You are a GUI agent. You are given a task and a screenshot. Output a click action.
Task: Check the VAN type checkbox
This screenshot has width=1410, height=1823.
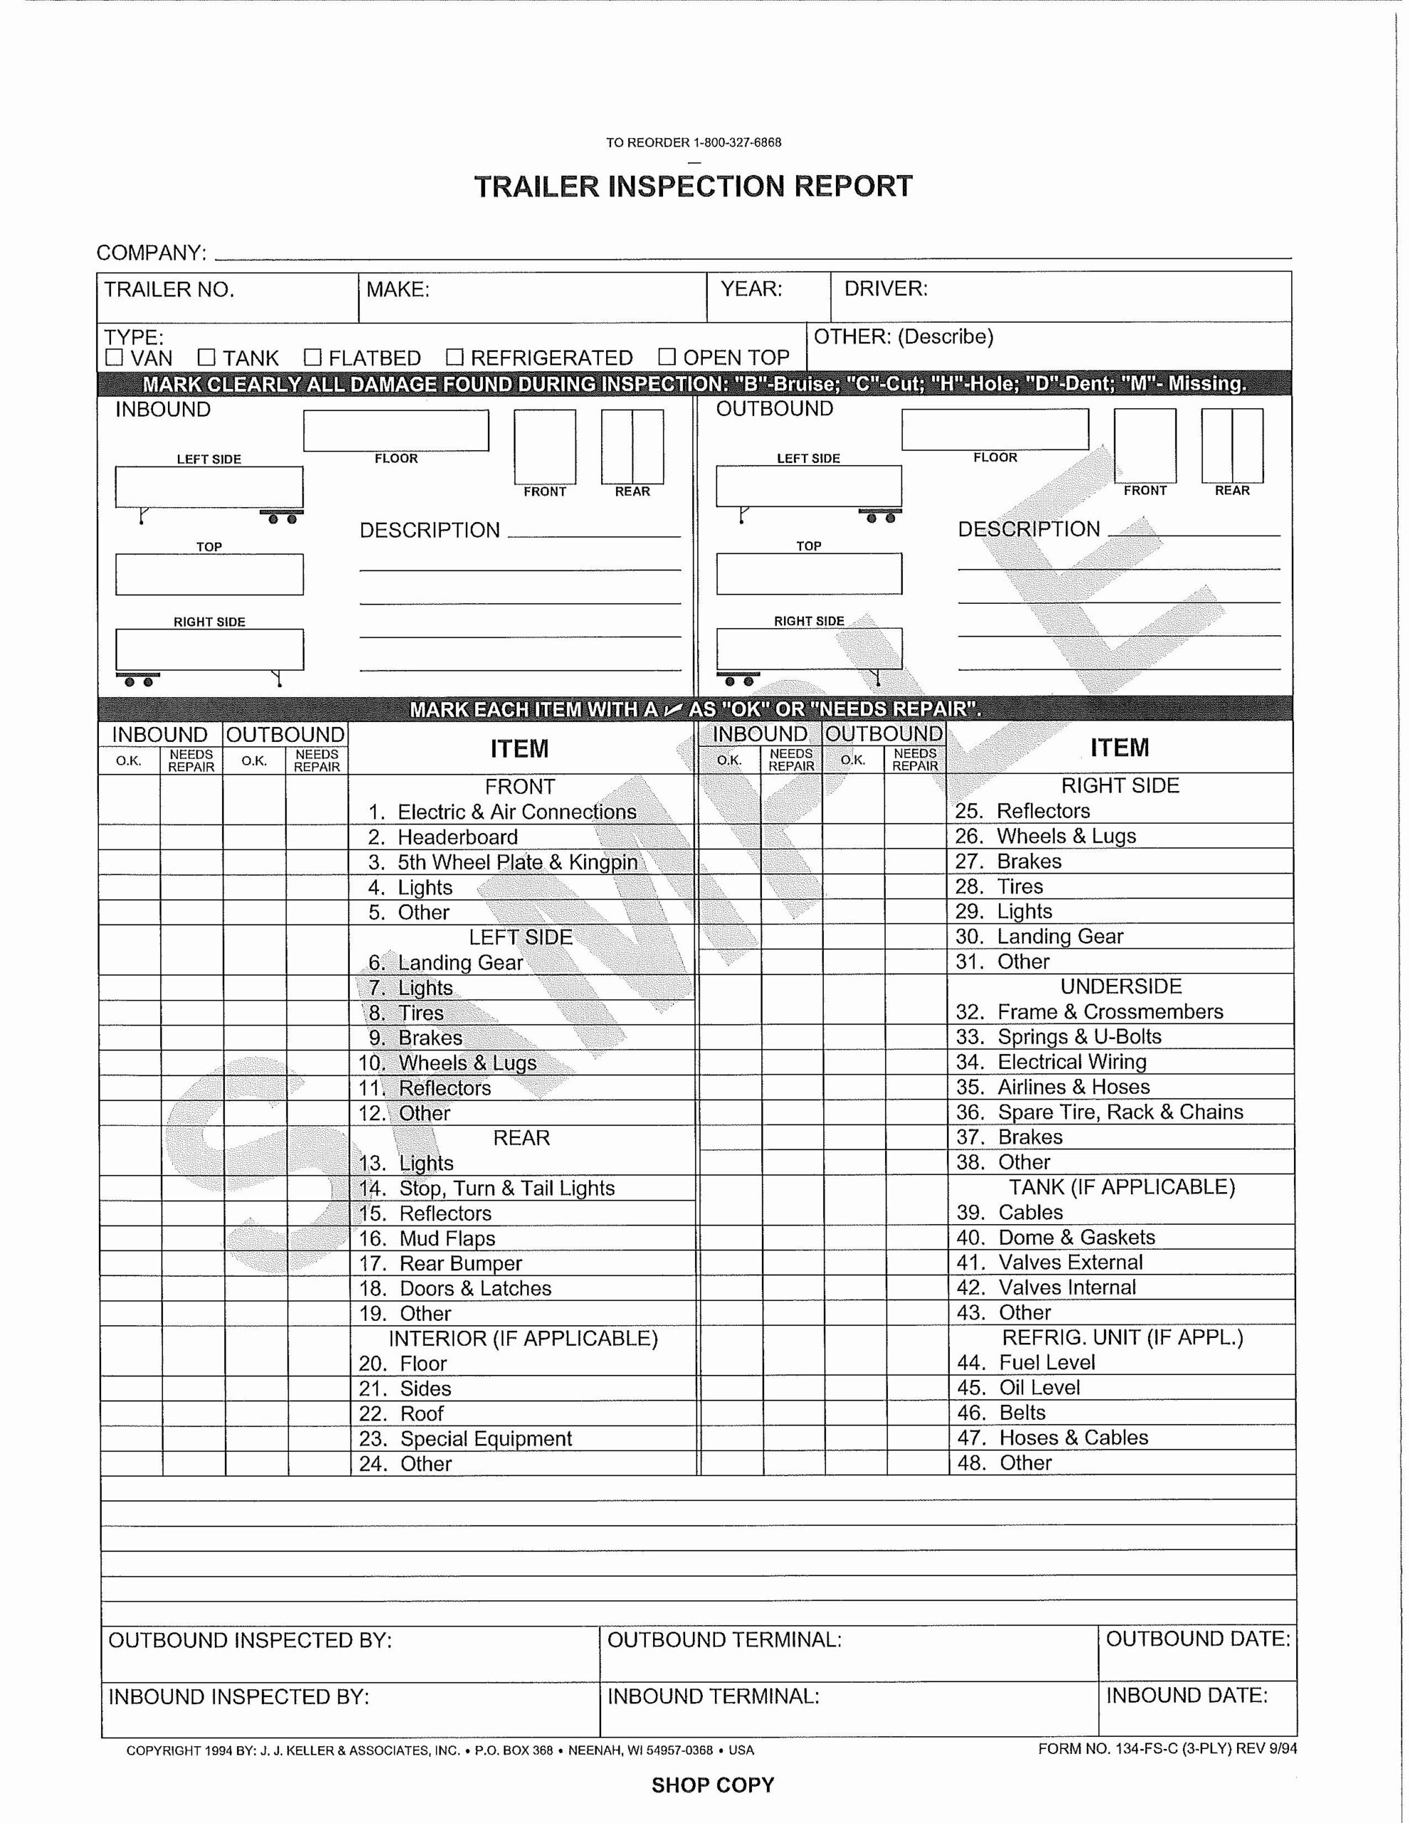click(115, 358)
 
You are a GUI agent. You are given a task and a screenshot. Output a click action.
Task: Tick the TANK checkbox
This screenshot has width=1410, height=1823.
click(207, 358)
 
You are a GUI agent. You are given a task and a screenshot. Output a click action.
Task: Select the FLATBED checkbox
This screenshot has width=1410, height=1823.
click(312, 358)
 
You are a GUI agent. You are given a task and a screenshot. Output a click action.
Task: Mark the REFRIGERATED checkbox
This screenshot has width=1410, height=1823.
click(454, 358)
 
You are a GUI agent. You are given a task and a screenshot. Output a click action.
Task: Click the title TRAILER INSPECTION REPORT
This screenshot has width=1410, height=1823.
click(693, 186)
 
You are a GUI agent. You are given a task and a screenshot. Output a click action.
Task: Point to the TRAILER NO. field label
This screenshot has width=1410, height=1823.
click(169, 290)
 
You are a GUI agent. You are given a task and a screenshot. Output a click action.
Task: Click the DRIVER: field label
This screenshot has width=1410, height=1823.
click(886, 289)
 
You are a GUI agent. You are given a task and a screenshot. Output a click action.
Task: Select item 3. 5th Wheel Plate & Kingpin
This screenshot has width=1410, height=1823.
click(517, 862)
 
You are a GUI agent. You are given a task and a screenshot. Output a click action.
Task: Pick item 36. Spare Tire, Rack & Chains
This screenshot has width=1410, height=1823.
click(1119, 1112)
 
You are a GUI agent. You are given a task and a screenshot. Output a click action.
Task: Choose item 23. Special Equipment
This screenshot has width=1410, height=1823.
click(485, 1438)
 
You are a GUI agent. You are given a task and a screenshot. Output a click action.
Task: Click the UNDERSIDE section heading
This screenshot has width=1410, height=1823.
click(1120, 986)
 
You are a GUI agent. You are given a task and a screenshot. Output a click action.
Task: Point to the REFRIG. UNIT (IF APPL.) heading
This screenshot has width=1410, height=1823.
click(1122, 1337)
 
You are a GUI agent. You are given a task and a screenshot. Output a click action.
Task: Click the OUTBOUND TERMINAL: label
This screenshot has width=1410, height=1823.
click(724, 1639)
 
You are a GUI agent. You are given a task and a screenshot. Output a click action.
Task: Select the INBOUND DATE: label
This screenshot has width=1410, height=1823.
click(1186, 1696)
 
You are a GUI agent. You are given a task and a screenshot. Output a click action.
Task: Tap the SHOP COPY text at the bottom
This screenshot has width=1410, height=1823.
click(713, 1785)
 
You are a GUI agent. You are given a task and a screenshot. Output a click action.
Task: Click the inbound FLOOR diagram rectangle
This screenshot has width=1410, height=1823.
click(396, 431)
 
